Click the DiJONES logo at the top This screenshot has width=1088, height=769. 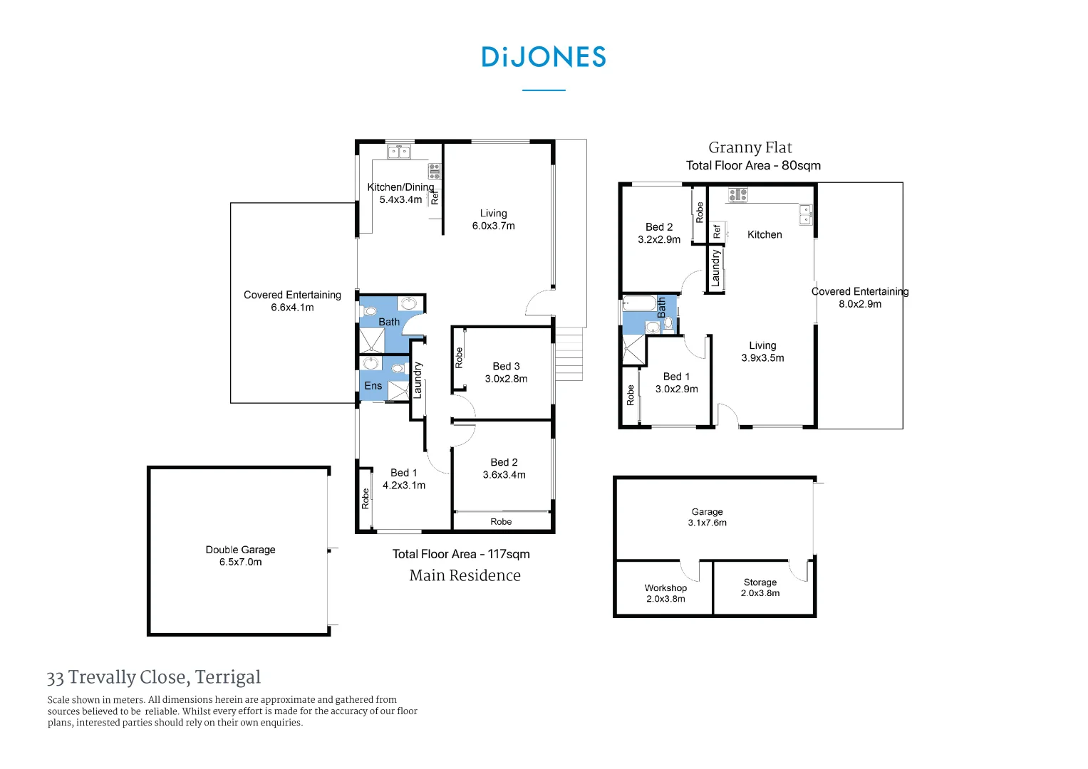click(544, 57)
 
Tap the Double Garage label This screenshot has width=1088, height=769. click(240, 555)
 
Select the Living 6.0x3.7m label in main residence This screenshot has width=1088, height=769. click(493, 219)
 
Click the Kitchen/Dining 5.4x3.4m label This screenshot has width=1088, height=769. click(400, 193)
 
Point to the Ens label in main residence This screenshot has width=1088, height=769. click(373, 386)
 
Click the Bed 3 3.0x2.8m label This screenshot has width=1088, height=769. click(506, 372)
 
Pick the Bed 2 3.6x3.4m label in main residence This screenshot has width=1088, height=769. click(504, 469)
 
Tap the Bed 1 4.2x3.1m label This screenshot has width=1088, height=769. click(404, 479)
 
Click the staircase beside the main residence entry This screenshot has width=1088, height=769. click(569, 354)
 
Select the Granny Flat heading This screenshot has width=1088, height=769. click(750, 147)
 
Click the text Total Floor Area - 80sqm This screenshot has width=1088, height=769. click(753, 165)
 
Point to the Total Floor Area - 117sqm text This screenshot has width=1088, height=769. click(461, 554)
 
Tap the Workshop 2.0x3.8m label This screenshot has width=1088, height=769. click(665, 593)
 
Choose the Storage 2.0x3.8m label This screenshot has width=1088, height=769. click(760, 587)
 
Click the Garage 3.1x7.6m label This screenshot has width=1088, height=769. click(707, 517)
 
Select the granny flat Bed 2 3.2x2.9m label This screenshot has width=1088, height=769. click(659, 233)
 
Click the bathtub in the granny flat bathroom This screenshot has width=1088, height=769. click(639, 304)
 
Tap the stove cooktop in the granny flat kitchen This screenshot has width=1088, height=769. click(738, 194)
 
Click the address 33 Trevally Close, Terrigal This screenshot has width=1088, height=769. click(154, 677)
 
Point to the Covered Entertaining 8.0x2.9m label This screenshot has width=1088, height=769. click(860, 298)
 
